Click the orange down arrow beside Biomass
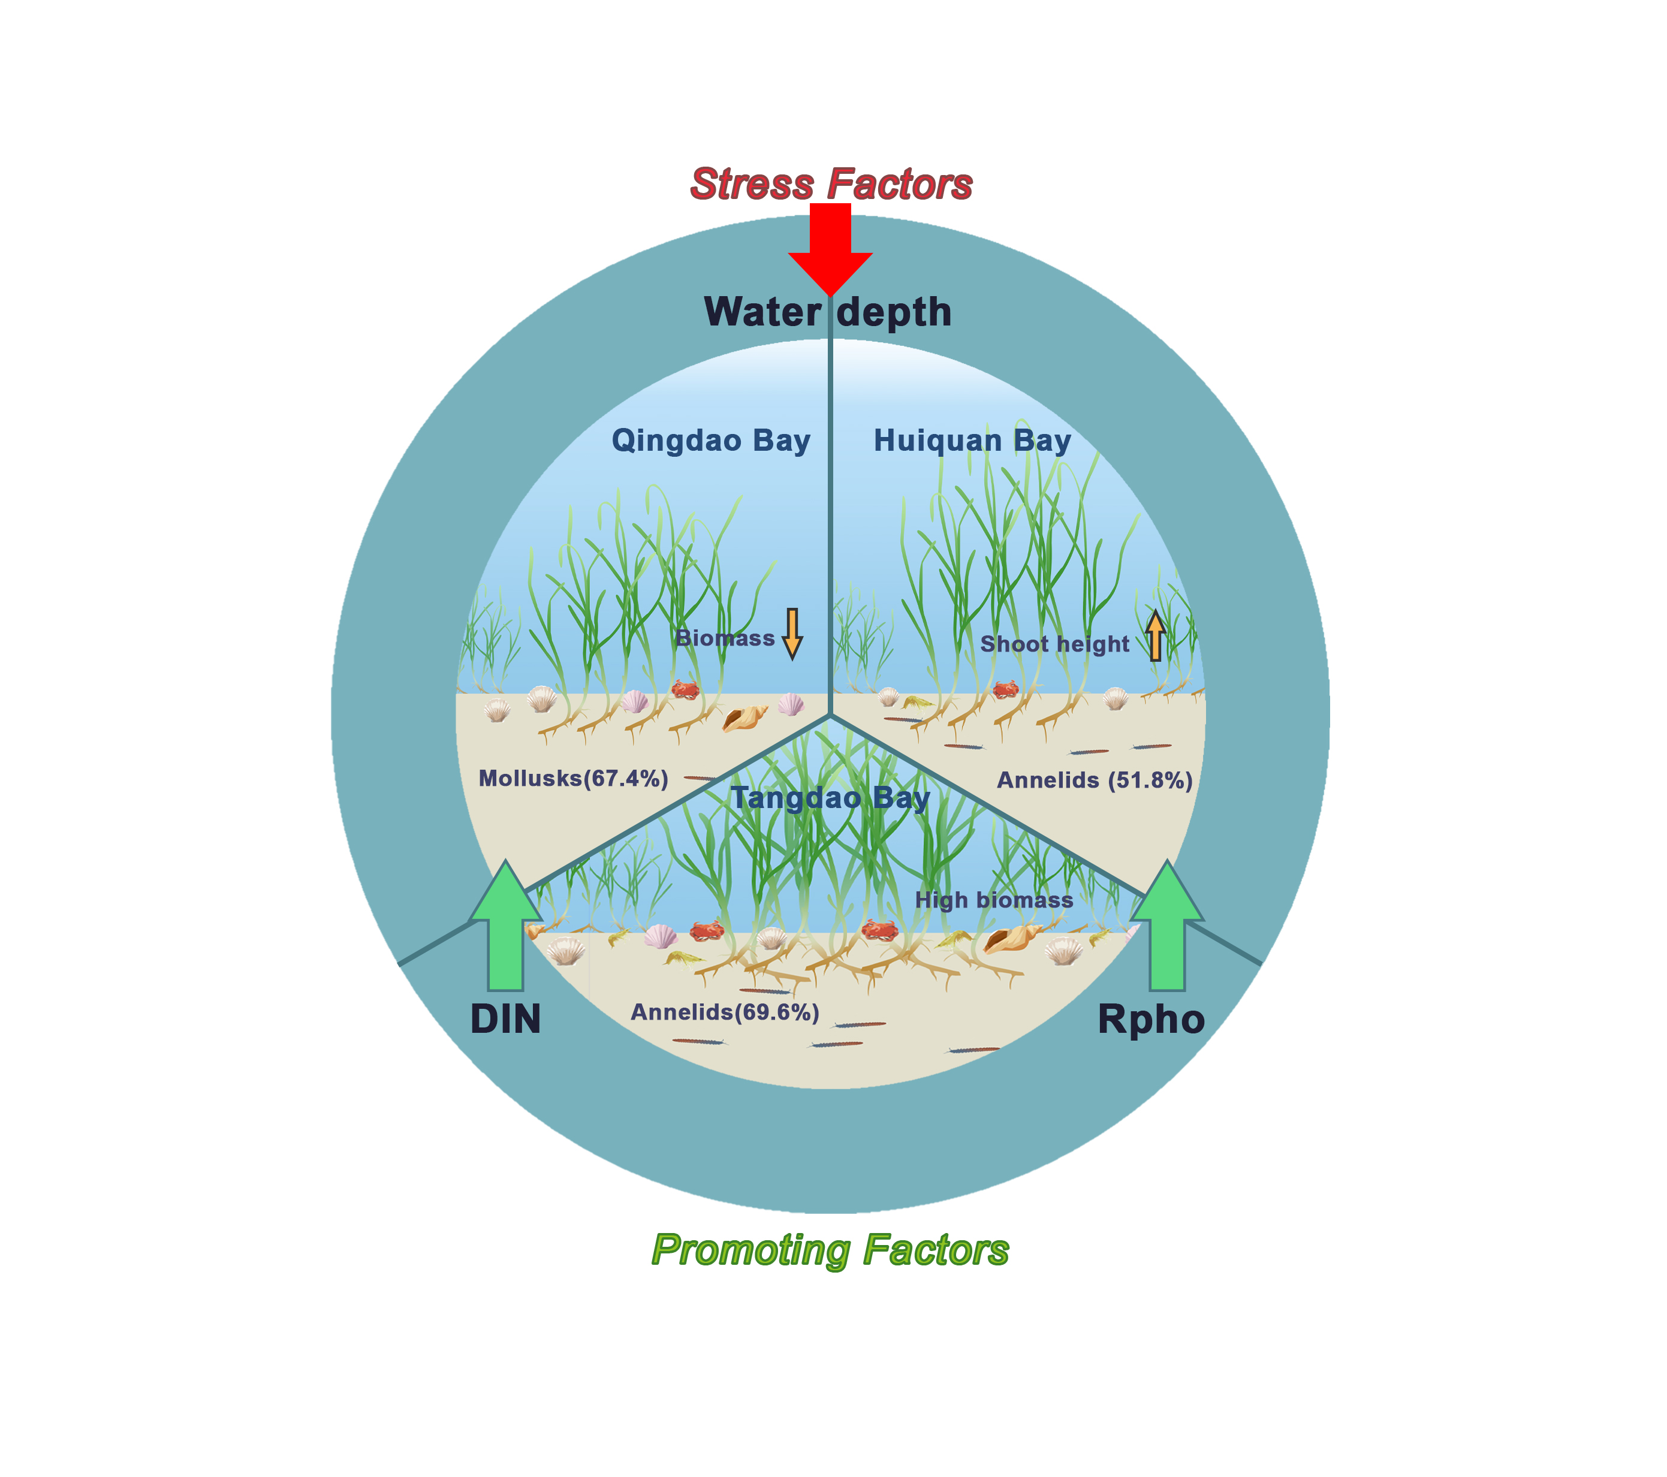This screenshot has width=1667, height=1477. pyautogui.click(x=792, y=633)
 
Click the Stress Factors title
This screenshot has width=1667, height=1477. pyautogui.click(x=831, y=184)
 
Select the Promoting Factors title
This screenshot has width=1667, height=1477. pyautogui.click(x=830, y=1250)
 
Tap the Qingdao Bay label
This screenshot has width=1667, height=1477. pyautogui.click(x=711, y=441)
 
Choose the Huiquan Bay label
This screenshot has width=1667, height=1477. pyautogui.click(x=972, y=441)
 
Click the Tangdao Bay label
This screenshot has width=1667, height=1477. pyautogui.click(x=830, y=798)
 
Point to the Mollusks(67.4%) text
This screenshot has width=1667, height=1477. pyautogui.click(x=573, y=778)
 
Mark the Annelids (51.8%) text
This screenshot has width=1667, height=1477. pyautogui.click(x=1095, y=780)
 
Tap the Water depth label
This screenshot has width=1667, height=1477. pyautogui.click(x=828, y=312)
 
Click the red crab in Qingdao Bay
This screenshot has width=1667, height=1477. pyautogui.click(x=685, y=690)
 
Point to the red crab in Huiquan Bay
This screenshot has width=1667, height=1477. pyautogui.click(x=1006, y=689)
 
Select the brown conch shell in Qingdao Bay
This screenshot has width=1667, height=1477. pyautogui.click(x=744, y=718)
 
